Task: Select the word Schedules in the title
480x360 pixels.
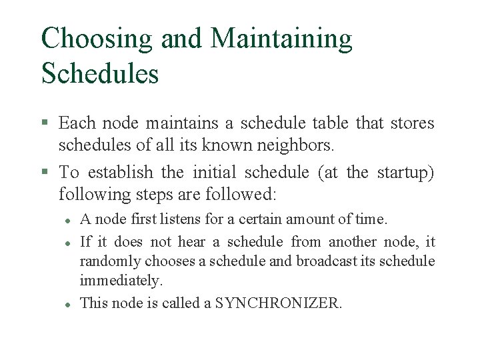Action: click(100, 73)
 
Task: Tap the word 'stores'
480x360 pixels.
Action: click(411, 123)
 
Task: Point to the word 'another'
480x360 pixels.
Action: click(353, 242)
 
